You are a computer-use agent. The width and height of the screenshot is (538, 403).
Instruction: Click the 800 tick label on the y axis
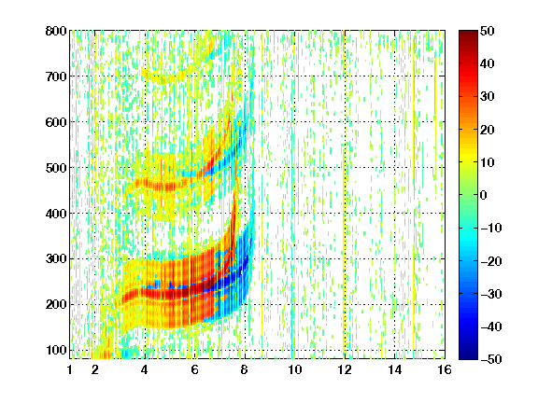(56, 31)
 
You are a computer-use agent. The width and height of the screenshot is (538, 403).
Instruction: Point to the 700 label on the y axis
(56, 76)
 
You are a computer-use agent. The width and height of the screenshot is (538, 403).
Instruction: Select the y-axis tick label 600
(56, 122)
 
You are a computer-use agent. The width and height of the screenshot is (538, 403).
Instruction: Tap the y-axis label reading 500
(56, 168)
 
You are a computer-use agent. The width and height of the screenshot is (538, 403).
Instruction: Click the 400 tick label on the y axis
(56, 214)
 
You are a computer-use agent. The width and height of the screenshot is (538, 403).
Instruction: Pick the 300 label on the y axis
(56, 258)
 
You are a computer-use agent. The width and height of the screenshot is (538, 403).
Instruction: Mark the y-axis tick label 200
(56, 304)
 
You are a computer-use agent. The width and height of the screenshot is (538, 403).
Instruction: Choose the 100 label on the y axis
(56, 350)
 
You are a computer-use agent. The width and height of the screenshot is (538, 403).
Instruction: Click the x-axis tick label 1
(70, 369)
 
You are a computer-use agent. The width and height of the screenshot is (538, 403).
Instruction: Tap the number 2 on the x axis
(95, 369)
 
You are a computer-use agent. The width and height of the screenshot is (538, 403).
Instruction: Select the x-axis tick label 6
(195, 369)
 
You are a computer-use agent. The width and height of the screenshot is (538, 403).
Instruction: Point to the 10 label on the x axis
(295, 369)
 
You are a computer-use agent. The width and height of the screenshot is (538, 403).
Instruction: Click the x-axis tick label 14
(395, 369)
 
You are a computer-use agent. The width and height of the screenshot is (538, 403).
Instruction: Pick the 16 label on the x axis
(445, 369)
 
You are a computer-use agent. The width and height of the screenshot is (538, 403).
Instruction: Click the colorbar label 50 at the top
(488, 31)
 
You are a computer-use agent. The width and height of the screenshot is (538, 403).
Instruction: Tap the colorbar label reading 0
(484, 195)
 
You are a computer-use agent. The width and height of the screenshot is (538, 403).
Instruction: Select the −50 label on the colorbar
(491, 359)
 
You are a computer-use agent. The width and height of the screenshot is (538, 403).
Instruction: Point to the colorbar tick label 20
(488, 130)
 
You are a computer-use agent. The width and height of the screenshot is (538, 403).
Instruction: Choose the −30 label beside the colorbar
(491, 294)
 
